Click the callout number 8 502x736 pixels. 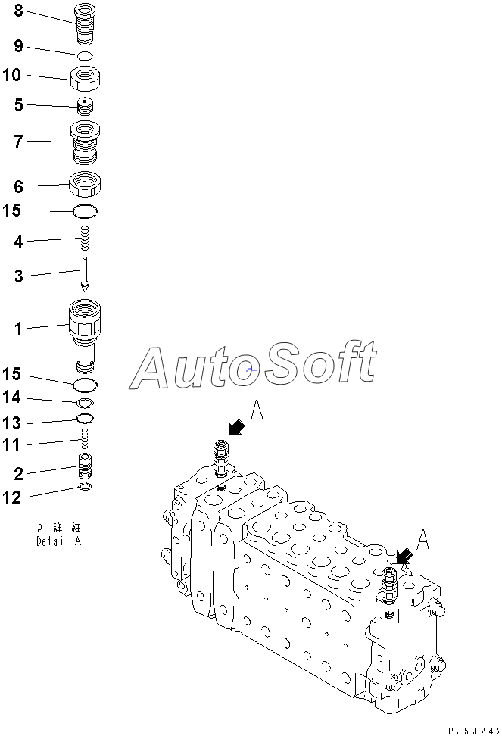(17, 11)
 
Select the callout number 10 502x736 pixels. (13, 76)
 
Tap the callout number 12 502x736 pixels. (13, 497)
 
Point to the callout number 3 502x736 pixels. (18, 276)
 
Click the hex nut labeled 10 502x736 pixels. (86, 77)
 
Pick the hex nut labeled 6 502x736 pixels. (86, 183)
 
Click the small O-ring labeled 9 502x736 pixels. (86, 55)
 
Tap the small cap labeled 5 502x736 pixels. (86, 106)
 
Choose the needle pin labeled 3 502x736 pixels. (86, 276)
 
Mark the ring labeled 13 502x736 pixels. (86, 419)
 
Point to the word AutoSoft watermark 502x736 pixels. (254, 367)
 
